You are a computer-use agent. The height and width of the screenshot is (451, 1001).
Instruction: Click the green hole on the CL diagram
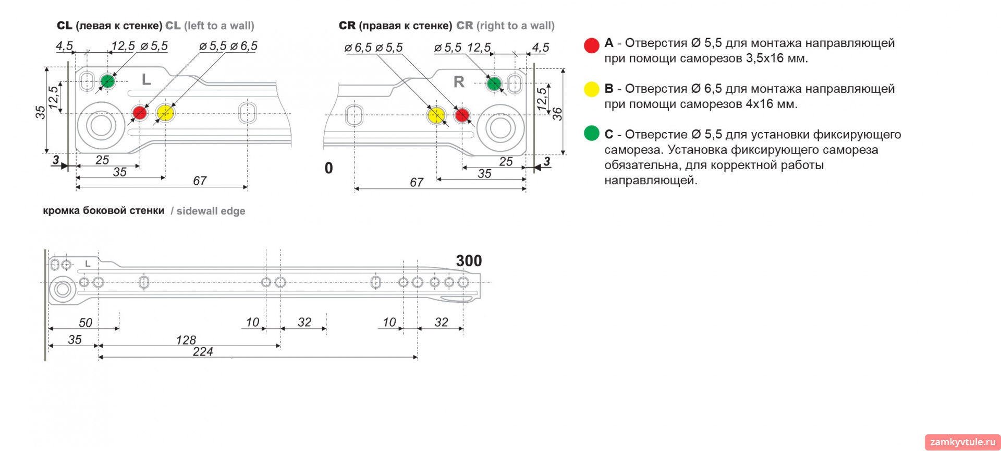[x=107, y=81]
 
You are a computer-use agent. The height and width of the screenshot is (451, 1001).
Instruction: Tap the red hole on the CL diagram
[x=139, y=112]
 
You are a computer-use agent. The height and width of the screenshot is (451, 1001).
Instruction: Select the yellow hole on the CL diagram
[x=165, y=112]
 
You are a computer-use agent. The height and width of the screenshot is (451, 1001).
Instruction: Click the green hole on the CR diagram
[x=494, y=83]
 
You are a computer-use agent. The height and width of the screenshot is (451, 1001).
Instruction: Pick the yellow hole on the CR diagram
[x=436, y=115]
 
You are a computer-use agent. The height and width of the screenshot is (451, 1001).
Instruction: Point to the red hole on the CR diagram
[x=462, y=115]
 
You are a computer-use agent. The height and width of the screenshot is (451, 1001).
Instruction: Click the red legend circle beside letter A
[x=592, y=45]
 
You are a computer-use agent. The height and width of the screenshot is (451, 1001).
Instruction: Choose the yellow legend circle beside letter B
[x=592, y=89]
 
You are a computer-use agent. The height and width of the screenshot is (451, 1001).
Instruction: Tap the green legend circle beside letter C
[x=592, y=133]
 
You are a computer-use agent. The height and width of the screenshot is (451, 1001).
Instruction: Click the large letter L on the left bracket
[x=147, y=79]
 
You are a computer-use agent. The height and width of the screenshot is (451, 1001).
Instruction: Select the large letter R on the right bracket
[x=459, y=82]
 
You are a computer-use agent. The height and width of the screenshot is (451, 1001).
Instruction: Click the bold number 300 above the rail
[x=469, y=260]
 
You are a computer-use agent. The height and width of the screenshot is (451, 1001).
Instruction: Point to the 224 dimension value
[x=203, y=352]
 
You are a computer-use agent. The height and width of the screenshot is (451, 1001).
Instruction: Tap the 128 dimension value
[x=186, y=340]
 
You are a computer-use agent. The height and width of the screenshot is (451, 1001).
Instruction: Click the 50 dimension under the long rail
[x=86, y=323]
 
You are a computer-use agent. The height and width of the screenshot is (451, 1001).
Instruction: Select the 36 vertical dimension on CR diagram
[x=557, y=114]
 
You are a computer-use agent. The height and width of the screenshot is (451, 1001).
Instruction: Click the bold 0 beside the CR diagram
[x=328, y=168]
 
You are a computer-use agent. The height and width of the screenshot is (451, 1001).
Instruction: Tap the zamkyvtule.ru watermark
[x=962, y=442]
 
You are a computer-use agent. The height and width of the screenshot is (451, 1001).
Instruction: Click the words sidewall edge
[x=211, y=211]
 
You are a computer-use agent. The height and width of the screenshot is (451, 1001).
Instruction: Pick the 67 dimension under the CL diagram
[x=200, y=181]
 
